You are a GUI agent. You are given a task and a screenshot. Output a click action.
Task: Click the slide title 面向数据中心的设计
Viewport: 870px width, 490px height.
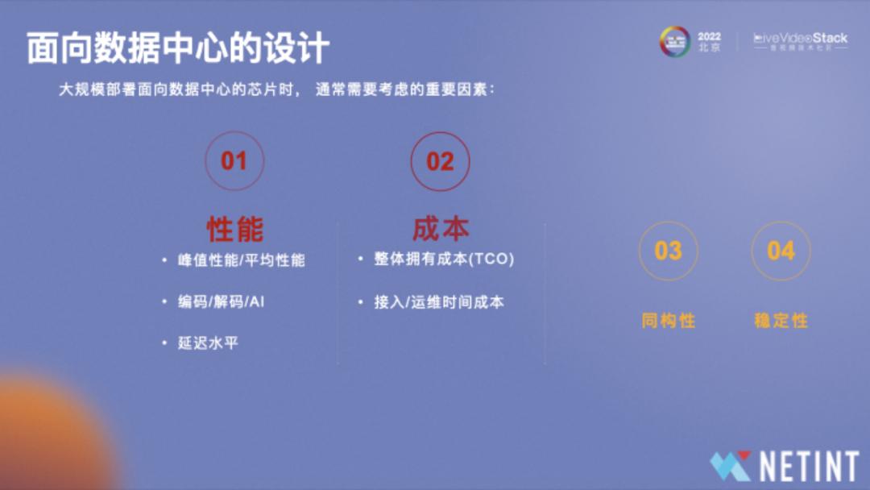point(178,48)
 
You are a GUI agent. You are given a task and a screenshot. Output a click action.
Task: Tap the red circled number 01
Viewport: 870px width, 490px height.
point(234,161)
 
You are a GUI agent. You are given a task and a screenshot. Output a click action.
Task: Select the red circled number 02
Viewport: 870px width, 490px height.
point(440,161)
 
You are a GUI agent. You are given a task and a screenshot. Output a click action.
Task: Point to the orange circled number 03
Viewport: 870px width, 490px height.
point(668,251)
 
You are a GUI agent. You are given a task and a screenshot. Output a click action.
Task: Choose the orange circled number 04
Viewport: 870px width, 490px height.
point(781,251)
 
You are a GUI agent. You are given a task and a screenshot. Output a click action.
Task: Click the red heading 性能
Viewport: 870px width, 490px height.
point(234,229)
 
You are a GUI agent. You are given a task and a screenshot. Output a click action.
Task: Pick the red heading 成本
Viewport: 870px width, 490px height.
point(441,228)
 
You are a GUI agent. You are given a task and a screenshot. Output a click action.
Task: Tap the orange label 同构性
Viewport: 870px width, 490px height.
point(668,321)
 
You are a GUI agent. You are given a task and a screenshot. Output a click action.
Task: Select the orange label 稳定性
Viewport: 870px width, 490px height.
point(781,321)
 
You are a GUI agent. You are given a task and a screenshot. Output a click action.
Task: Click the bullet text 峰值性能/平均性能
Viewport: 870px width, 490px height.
point(242,260)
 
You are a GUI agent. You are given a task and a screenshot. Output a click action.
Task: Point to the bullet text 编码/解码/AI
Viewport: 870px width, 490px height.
point(222,302)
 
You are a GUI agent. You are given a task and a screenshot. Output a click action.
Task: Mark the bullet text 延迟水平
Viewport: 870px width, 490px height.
point(209,343)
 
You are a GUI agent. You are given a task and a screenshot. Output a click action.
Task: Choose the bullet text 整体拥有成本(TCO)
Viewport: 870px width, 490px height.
point(444,259)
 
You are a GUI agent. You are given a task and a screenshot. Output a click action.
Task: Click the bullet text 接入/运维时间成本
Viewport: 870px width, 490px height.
point(439,302)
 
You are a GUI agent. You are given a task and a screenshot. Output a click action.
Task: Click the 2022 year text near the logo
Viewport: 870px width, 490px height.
point(710,36)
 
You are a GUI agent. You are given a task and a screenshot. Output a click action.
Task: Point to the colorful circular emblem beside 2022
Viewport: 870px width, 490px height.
point(675,42)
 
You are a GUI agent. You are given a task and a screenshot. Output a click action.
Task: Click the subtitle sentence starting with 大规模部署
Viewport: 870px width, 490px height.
point(277,89)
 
